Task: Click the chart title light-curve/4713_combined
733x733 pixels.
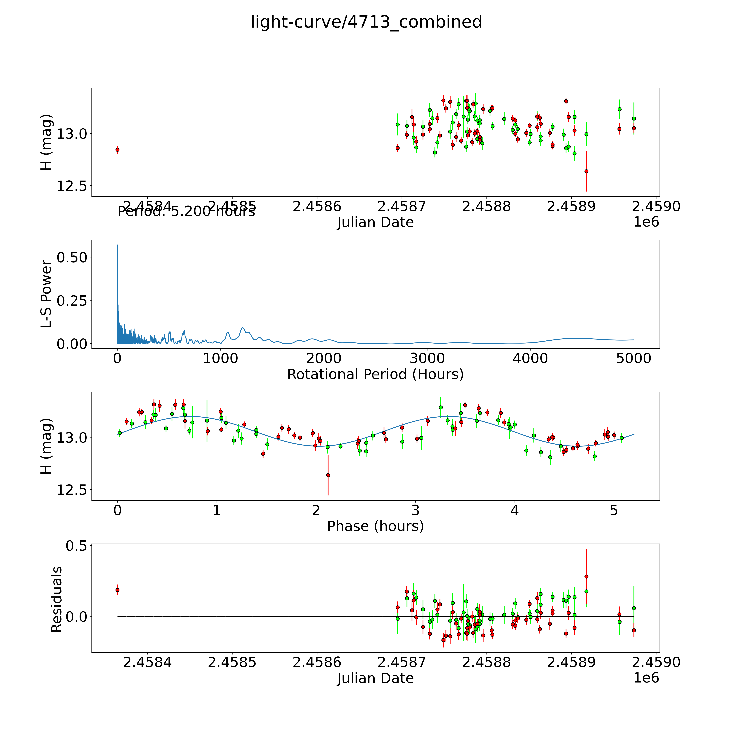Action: point(366,22)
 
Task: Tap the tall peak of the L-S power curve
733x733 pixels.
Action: point(118,246)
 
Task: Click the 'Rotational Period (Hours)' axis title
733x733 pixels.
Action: point(375,375)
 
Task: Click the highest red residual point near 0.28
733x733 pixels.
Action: point(586,576)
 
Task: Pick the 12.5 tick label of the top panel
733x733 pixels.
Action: point(72,186)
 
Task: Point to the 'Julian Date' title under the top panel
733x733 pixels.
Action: point(375,222)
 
